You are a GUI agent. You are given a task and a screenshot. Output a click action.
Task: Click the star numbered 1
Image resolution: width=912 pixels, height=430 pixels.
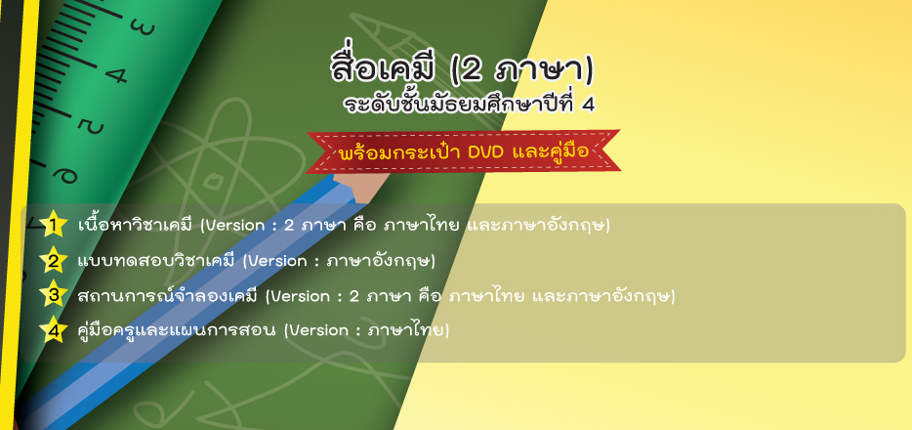coord(54,225)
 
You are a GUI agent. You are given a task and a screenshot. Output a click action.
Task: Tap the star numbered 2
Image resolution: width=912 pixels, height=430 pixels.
coord(54,261)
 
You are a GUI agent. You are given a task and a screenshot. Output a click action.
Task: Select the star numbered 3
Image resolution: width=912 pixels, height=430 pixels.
coord(54,295)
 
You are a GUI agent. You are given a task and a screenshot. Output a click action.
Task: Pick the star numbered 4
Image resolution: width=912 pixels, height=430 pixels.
coord(54,330)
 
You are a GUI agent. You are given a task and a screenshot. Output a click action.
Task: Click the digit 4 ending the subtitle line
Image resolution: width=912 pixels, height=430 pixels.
coord(588,106)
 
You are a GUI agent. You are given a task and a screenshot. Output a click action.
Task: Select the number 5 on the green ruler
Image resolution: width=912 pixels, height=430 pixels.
coord(92,126)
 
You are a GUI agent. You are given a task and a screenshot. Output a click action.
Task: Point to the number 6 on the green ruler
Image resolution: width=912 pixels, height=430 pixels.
coord(64,173)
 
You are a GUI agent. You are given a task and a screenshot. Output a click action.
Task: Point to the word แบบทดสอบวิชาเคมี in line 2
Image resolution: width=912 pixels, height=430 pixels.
coord(156,260)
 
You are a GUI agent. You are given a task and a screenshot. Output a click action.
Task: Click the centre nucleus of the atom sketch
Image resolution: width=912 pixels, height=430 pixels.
coord(215,181)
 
